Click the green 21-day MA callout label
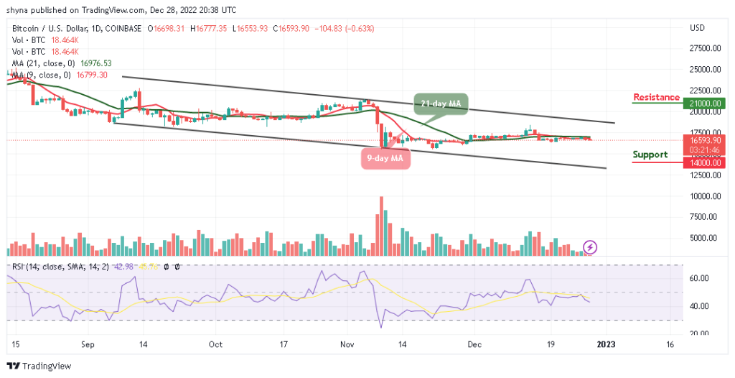pyautogui.click(x=441, y=104)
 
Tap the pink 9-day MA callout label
pyautogui.click(x=385, y=159)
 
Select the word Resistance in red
pyautogui.click(x=656, y=97)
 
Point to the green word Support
pyautogui.click(x=650, y=155)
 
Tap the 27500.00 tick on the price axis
pyautogui.click(x=704, y=49)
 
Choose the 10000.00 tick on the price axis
pyautogui.click(x=704, y=196)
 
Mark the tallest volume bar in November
pyautogui.click(x=381, y=226)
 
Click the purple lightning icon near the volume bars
pyautogui.click(x=590, y=247)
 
